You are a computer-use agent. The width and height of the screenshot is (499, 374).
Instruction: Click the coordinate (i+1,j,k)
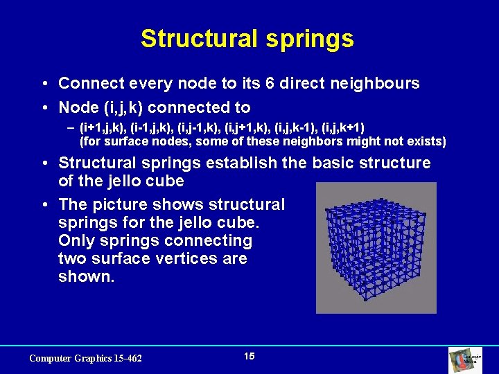(x=103, y=127)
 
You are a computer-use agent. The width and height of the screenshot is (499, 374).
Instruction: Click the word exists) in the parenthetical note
(x=425, y=142)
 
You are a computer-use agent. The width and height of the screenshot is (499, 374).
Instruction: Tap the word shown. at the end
(x=86, y=277)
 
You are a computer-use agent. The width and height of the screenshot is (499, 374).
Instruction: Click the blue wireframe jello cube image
(x=377, y=248)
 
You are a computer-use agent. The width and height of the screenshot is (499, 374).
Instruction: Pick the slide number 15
(x=249, y=356)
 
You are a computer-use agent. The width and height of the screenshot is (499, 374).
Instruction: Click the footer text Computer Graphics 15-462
(x=85, y=358)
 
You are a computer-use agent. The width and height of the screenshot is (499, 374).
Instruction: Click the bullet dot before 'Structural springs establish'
(x=44, y=164)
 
